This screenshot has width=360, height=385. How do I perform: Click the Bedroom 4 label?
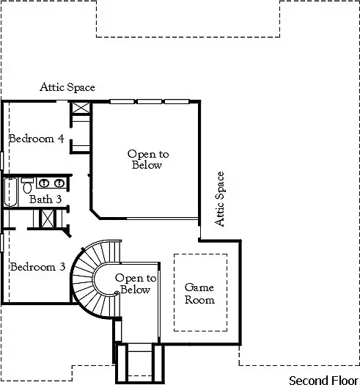(x=36, y=138)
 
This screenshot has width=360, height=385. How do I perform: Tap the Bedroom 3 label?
(x=37, y=267)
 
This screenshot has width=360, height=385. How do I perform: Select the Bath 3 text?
(x=45, y=199)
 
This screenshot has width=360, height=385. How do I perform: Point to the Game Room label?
(x=199, y=293)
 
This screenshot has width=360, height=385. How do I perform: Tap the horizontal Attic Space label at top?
(x=67, y=87)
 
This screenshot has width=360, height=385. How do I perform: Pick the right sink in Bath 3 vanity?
(x=58, y=183)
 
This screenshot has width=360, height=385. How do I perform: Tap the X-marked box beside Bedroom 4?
(x=79, y=109)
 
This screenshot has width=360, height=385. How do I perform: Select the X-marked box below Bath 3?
(x=48, y=219)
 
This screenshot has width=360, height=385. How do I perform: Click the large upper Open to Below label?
(x=147, y=159)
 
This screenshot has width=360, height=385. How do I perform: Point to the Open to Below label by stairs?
(x=136, y=284)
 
